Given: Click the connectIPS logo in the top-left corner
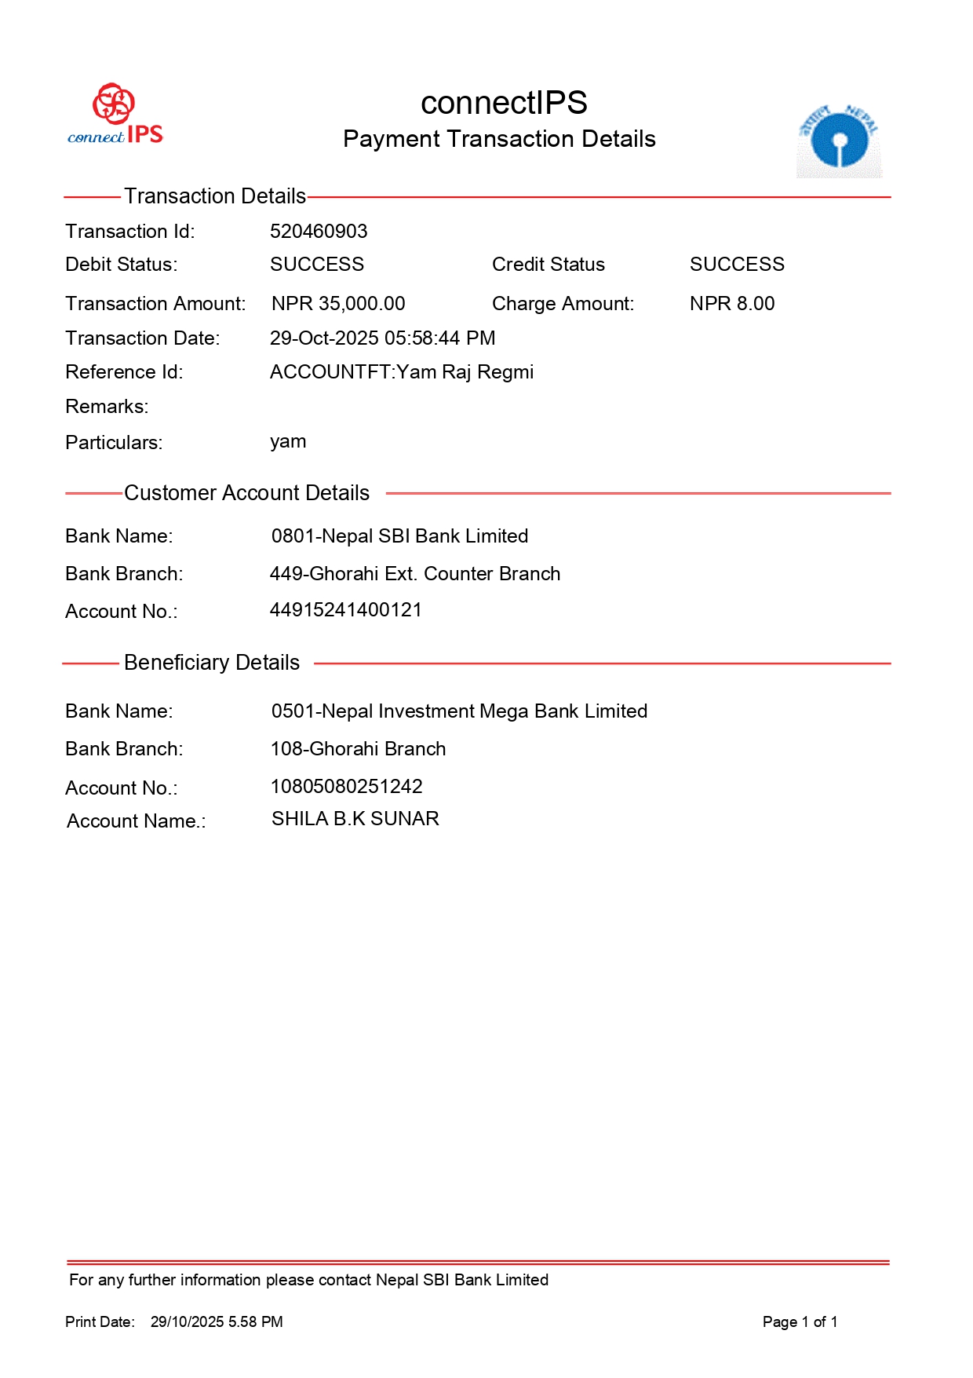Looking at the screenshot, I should click(115, 115).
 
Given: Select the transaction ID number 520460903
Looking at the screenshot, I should click(319, 231).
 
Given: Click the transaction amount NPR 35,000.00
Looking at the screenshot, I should click(338, 303).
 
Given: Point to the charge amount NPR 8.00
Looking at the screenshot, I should click(732, 303).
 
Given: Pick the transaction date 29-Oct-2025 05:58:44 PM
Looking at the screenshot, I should click(382, 338).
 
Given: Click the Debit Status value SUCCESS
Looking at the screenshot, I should click(317, 264).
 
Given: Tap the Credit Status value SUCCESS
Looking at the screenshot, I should click(737, 264).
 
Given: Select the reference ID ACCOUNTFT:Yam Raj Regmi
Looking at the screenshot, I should click(402, 371).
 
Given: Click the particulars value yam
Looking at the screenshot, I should click(288, 441).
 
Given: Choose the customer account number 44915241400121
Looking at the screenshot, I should click(346, 609).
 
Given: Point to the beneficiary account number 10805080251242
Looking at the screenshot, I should click(346, 786).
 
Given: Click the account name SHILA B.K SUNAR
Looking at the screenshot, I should click(355, 818).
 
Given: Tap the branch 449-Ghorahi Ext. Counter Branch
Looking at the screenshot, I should click(415, 573).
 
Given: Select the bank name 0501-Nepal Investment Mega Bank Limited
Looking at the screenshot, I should click(459, 711).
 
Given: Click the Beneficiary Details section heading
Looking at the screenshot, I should click(212, 662).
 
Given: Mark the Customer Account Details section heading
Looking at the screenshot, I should click(246, 492).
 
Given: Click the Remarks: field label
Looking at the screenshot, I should click(107, 406).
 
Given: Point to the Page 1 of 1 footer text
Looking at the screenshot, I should click(800, 1321).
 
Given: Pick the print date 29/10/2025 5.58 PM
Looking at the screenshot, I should click(217, 1321).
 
